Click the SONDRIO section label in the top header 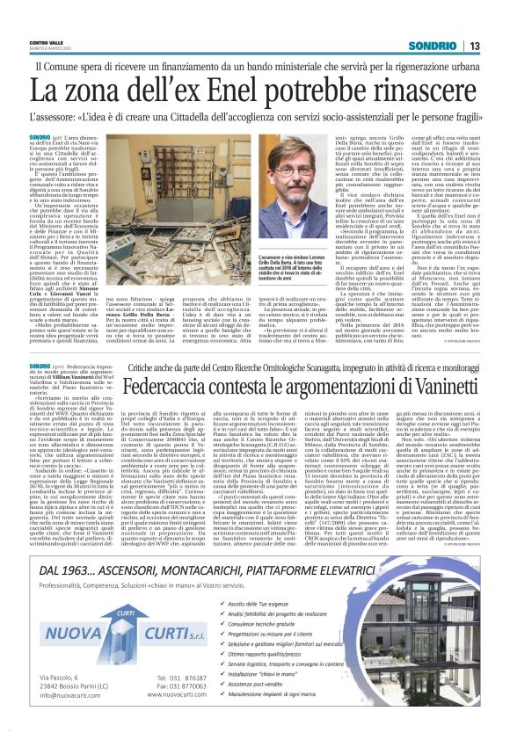(428, 46)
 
